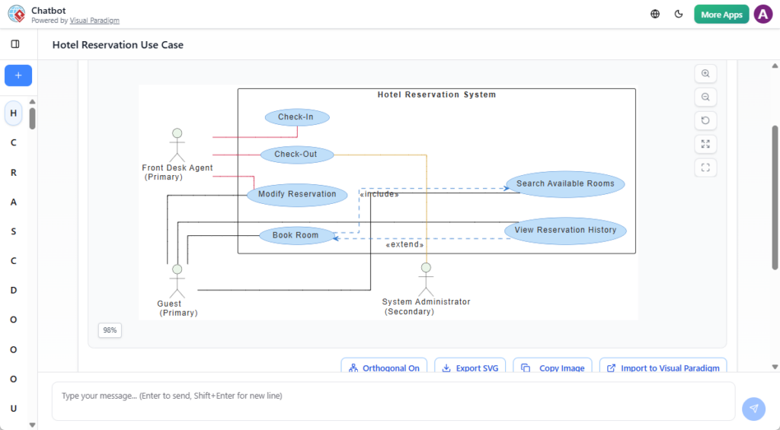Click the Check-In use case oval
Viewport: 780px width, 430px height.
click(x=296, y=117)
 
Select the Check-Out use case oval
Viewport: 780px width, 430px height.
click(x=296, y=154)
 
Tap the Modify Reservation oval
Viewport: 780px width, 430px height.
click(x=296, y=194)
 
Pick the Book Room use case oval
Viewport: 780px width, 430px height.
click(x=296, y=235)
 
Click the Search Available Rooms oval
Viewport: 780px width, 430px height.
click(x=565, y=183)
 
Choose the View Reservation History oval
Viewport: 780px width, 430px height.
click(x=565, y=230)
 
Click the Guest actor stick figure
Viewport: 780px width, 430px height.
click(x=177, y=281)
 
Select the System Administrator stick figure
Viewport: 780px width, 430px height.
click(x=426, y=279)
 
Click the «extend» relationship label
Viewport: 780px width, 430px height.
click(x=404, y=245)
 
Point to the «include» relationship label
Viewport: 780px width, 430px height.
click(x=379, y=194)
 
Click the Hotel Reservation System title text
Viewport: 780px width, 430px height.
click(x=436, y=95)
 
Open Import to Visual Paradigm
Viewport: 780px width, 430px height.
click(x=663, y=368)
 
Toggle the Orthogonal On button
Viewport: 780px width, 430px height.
click(x=384, y=368)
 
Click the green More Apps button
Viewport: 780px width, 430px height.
click(x=721, y=14)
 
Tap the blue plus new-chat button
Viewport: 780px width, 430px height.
click(x=18, y=75)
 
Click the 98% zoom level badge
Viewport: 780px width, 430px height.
click(x=110, y=330)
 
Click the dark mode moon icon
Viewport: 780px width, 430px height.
click(x=679, y=14)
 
